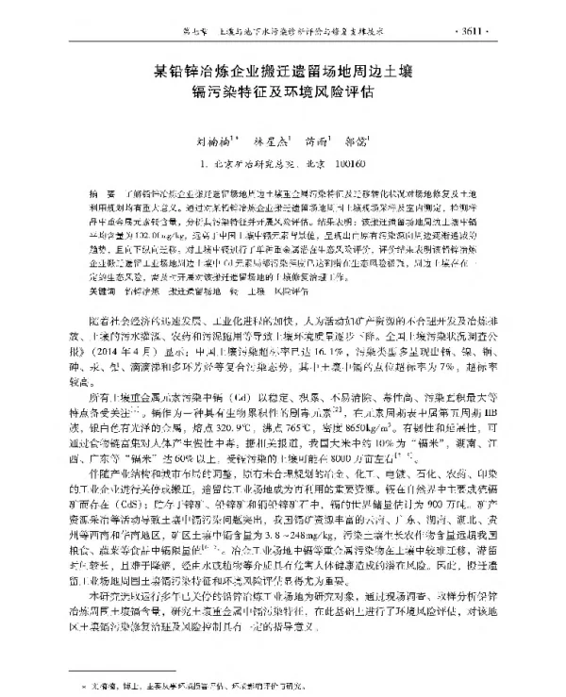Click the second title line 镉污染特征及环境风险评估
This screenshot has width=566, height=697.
point(283,93)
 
